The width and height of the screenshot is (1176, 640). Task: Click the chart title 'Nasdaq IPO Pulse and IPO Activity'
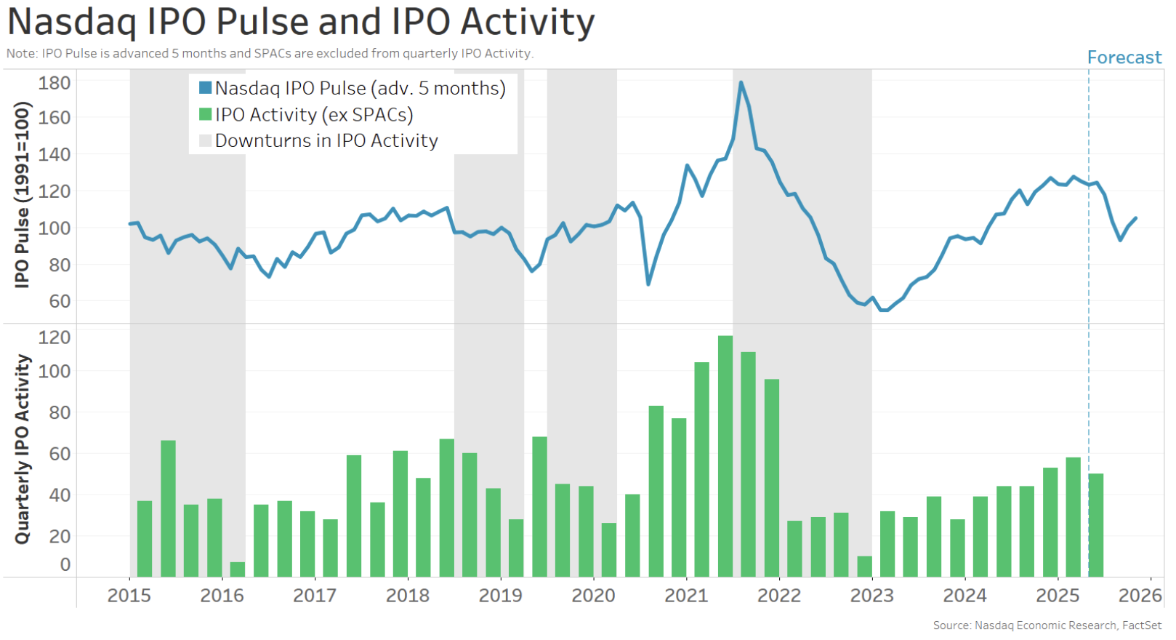click(x=301, y=22)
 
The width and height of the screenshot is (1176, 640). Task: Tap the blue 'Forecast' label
click(x=1124, y=57)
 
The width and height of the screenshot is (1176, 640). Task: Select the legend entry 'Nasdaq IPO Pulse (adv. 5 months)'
click(x=360, y=89)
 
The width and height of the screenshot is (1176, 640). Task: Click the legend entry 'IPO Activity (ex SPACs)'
click(x=313, y=115)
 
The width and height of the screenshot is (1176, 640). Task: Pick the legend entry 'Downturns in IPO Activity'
click(x=326, y=141)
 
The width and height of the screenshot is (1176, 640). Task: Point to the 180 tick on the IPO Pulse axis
click(x=55, y=83)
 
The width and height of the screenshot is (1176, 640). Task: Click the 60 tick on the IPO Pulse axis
click(x=60, y=301)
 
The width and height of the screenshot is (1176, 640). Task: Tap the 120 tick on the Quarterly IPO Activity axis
click(x=55, y=337)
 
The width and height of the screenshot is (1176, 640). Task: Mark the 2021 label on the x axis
click(x=686, y=596)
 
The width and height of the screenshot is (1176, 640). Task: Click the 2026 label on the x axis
click(x=1140, y=596)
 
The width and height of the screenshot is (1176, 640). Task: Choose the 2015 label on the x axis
click(x=129, y=596)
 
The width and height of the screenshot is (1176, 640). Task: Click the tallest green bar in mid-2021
click(x=725, y=456)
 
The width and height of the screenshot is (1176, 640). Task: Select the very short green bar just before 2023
click(x=864, y=567)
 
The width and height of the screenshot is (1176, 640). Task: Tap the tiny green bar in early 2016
click(x=237, y=569)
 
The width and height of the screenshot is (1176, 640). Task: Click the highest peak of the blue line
click(x=741, y=83)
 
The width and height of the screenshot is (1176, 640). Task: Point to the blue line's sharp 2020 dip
click(x=648, y=283)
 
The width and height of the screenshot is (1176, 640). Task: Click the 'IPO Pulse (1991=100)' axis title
click(x=23, y=195)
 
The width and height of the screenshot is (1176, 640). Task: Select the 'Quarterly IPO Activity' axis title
click(x=23, y=449)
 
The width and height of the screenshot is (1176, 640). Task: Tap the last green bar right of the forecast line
click(x=1096, y=525)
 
